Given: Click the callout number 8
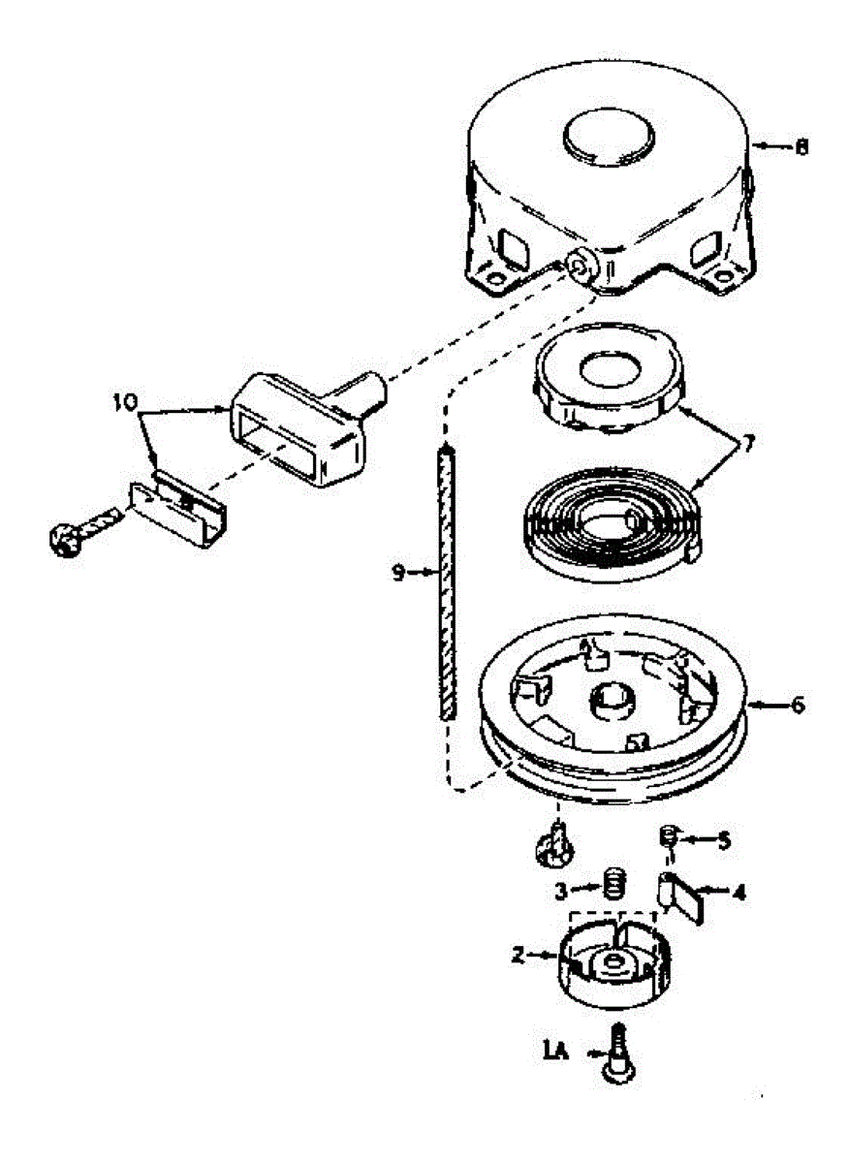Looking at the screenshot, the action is (x=801, y=147).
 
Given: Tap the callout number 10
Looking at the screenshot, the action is (x=125, y=401).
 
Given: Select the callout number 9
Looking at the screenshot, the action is (x=397, y=573).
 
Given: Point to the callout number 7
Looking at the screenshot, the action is (x=747, y=444).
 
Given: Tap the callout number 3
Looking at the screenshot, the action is (x=560, y=892).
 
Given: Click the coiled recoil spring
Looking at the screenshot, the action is (x=612, y=523).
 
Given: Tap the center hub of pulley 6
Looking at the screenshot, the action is (x=612, y=701).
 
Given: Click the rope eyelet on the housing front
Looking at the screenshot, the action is (x=581, y=267).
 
